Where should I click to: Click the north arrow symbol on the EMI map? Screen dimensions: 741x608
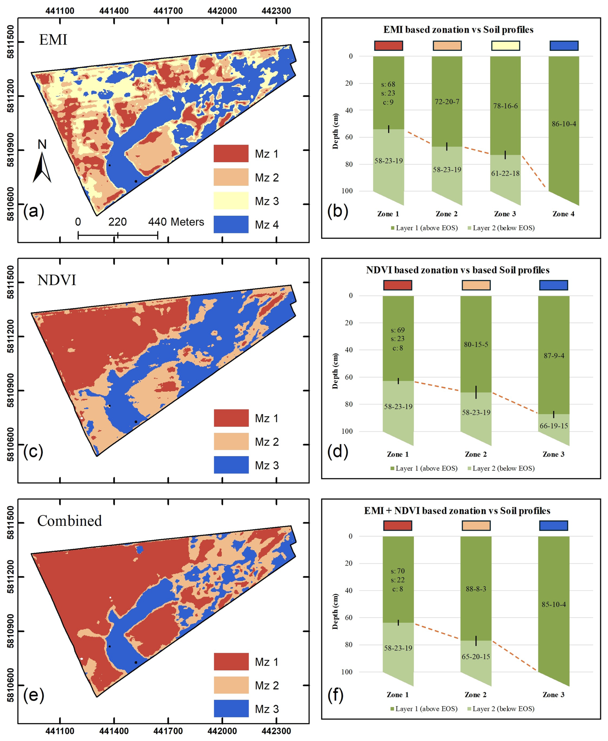tap(42, 164)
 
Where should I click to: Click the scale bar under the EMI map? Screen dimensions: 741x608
tap(118, 235)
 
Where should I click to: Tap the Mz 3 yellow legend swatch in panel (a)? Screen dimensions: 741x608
tap(231, 200)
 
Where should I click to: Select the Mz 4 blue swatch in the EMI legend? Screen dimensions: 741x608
tap(231, 225)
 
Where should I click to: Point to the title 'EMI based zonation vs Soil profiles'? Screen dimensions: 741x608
tap(458, 30)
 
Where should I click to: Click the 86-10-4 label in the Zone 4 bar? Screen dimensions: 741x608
tap(564, 124)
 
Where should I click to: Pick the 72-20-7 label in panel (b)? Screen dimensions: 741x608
tap(447, 101)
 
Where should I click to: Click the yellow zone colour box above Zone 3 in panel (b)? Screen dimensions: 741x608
tap(505, 46)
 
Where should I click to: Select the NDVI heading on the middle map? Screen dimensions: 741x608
tap(57, 280)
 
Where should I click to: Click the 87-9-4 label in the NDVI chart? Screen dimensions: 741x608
tap(554, 356)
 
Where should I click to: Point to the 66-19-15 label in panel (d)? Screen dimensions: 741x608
tap(554, 426)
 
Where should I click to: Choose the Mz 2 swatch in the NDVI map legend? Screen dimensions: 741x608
tap(231, 441)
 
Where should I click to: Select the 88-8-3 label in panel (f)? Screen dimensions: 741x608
tap(476, 589)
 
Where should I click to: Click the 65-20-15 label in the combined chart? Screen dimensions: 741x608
tap(476, 656)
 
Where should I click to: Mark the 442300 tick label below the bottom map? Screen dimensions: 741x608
tap(276, 731)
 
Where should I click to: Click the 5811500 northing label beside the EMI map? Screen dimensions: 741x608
tap(11, 42)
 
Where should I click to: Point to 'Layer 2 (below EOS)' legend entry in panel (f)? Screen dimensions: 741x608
tap(501, 709)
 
